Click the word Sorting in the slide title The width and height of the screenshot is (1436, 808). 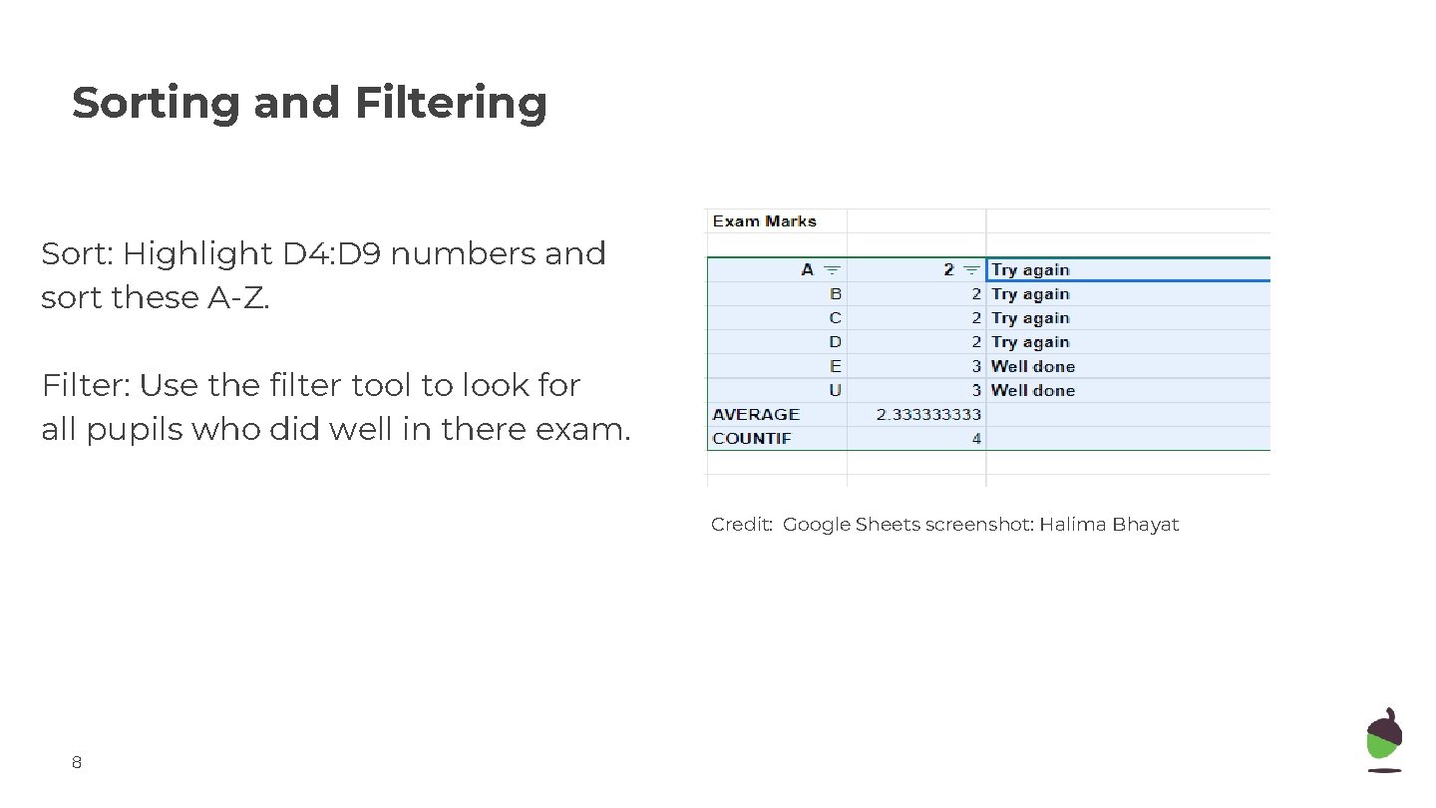[x=155, y=103]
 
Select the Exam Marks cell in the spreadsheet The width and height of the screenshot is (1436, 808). [x=764, y=221]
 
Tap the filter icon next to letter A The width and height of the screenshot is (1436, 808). [x=832, y=270]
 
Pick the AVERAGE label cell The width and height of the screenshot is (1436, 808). [x=756, y=415]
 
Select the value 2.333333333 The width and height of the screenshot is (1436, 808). [x=928, y=415]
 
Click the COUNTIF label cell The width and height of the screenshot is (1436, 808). [x=752, y=439]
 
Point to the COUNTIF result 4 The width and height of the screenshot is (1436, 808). [x=976, y=439]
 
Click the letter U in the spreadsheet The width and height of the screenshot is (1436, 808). [x=835, y=391]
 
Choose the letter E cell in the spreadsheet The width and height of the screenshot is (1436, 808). [x=836, y=367]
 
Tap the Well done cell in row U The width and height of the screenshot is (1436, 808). [x=1032, y=391]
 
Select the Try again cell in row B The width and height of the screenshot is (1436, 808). [x=1030, y=295]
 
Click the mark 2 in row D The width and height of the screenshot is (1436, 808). [x=976, y=343]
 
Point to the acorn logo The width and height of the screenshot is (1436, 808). [x=1383, y=739]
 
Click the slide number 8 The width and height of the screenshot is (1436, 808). [x=77, y=764]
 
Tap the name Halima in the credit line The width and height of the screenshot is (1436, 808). [x=1072, y=525]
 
